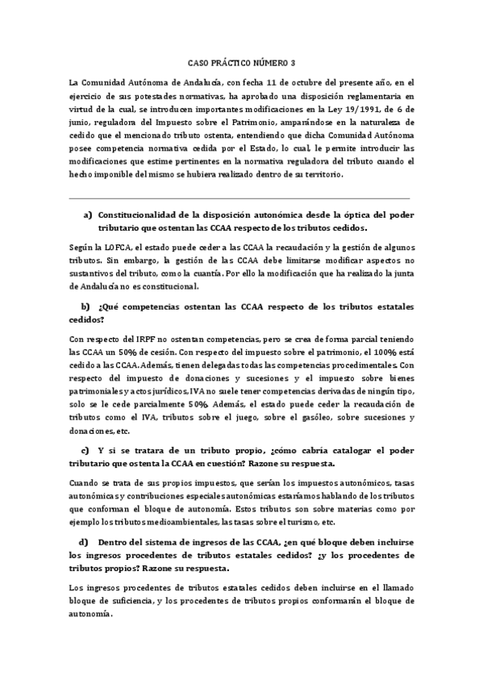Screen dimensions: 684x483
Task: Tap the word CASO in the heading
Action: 197,61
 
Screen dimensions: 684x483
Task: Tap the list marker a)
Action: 88,215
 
